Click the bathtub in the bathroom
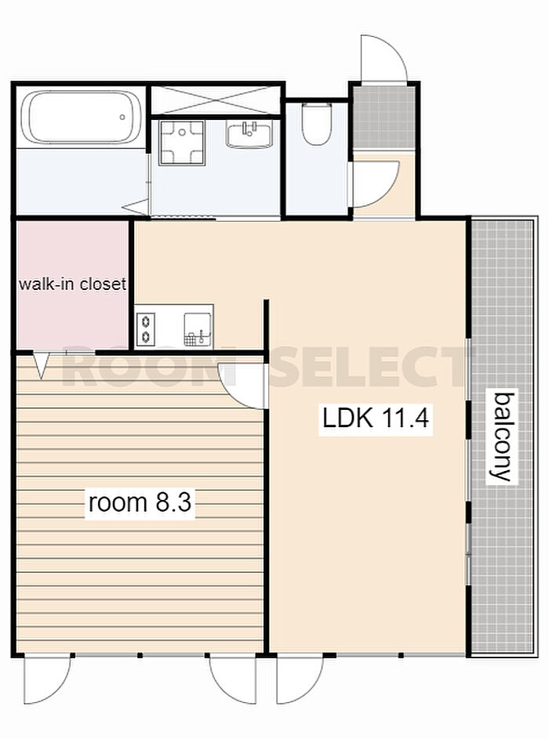click(81, 117)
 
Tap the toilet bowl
click(317, 124)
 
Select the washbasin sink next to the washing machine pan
click(249, 134)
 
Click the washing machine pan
click(182, 143)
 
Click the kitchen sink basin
click(197, 329)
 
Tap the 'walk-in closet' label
click(72, 284)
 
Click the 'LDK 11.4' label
click(376, 418)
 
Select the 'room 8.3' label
click(140, 502)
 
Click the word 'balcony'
click(502, 436)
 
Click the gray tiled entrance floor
click(384, 117)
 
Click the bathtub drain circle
click(122, 117)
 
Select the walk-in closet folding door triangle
click(42, 366)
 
